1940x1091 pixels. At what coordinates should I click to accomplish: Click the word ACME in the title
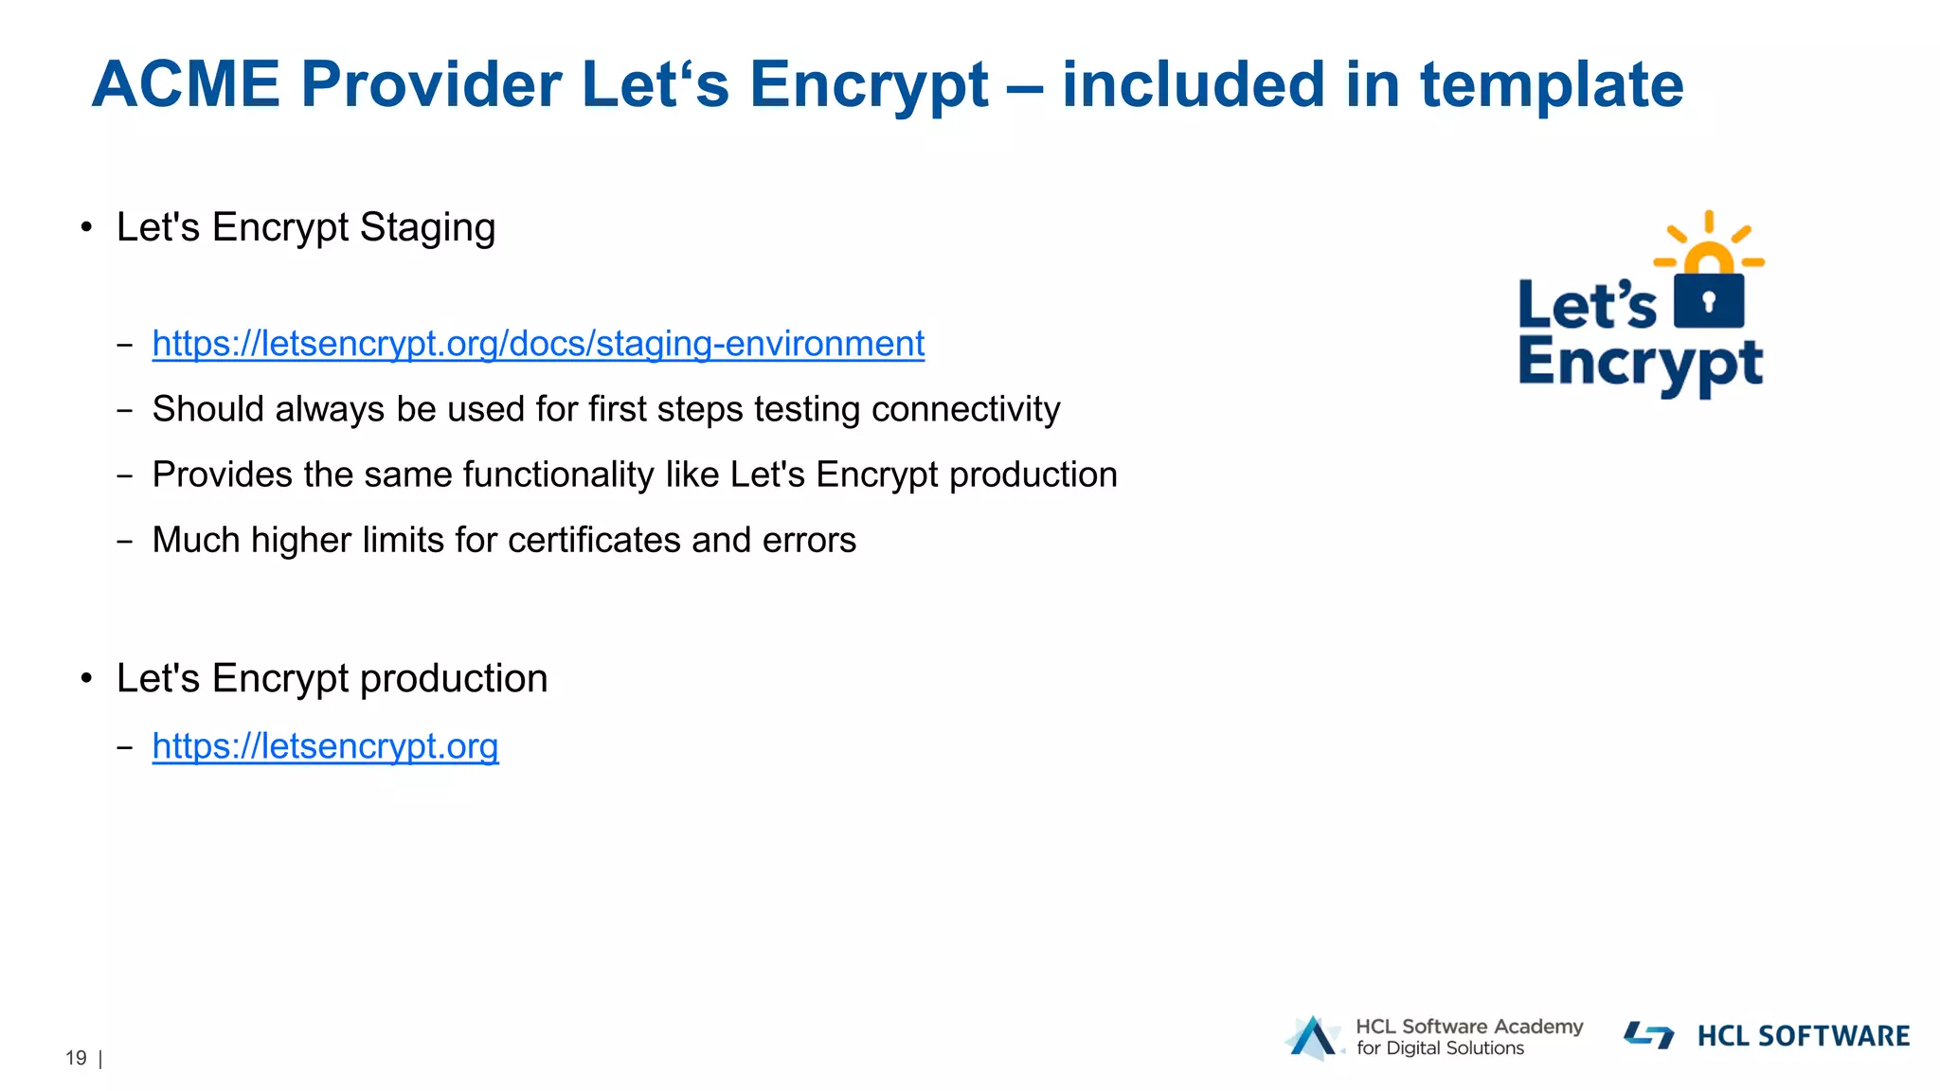click(186, 85)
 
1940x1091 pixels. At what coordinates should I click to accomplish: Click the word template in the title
click(1551, 85)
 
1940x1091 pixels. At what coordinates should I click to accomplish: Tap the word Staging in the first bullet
click(427, 228)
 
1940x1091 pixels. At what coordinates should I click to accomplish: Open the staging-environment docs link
click(538, 344)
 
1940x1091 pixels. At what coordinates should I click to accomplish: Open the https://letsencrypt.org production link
click(325, 747)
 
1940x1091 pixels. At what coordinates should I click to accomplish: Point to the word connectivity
click(965, 409)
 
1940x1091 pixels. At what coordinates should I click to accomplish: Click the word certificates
click(594, 540)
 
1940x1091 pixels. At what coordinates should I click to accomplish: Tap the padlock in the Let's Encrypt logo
click(1709, 299)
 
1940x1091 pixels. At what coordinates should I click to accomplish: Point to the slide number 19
click(76, 1058)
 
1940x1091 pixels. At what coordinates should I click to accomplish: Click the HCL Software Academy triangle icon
click(1313, 1038)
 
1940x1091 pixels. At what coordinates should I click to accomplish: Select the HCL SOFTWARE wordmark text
click(1803, 1036)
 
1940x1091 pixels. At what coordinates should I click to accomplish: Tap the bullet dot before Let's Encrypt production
click(87, 679)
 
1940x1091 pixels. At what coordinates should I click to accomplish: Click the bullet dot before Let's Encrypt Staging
click(87, 228)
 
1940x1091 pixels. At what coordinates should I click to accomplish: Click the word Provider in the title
click(431, 85)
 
